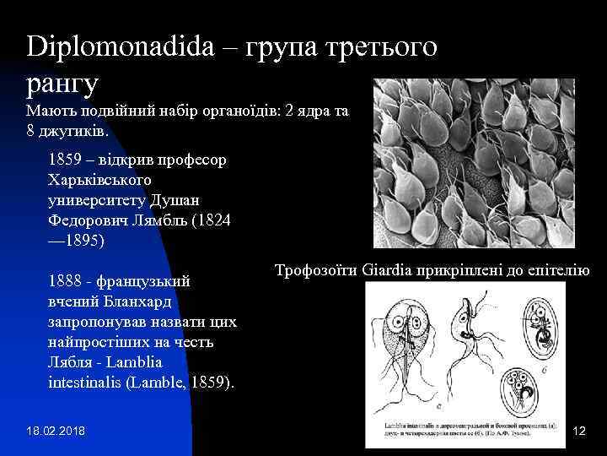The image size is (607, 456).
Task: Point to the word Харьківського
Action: [100, 180]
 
